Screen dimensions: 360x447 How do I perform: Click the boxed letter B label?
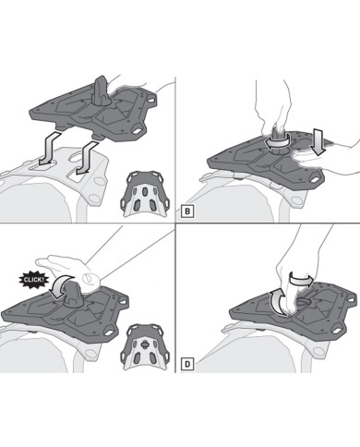coord(187,212)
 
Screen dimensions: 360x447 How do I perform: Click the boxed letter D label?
coord(187,365)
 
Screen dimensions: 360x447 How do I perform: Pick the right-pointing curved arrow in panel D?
coord(302,280)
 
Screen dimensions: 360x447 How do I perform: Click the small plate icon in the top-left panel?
coord(145,194)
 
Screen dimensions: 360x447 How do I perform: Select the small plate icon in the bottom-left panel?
coord(145,347)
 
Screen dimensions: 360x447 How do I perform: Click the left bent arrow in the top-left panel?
coord(49,148)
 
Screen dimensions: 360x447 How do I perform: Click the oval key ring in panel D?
coord(302,303)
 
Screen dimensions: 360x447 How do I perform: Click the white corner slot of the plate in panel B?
coord(314,177)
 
